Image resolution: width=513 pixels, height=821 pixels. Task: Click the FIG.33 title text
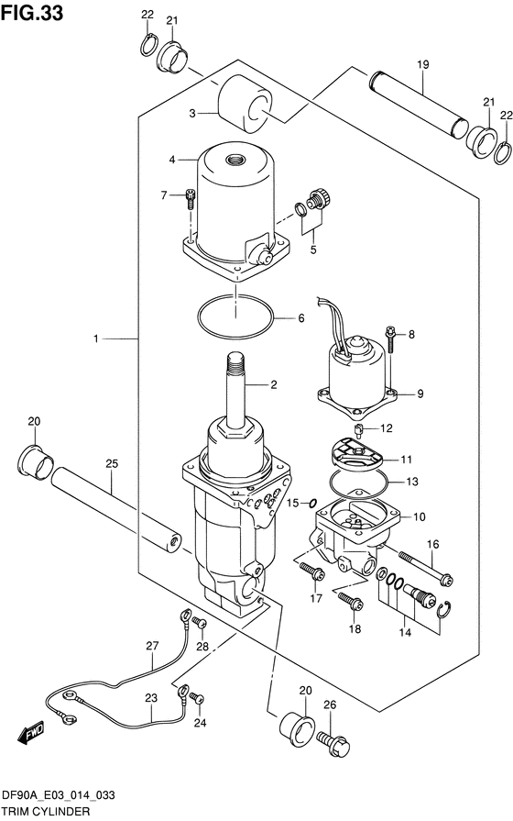click(x=32, y=13)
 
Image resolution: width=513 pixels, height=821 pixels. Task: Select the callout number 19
click(x=423, y=64)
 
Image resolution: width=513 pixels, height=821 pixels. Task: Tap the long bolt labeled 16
click(x=426, y=567)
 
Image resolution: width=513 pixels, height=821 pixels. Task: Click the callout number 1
click(x=95, y=339)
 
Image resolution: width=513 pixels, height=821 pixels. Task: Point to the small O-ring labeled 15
click(x=311, y=504)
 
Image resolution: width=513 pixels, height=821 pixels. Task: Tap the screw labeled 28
click(x=200, y=623)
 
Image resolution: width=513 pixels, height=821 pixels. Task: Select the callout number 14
click(x=405, y=632)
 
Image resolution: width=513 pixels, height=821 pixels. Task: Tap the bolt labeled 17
click(x=312, y=571)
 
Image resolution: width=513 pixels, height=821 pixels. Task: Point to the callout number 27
click(x=152, y=646)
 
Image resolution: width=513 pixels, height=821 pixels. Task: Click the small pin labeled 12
click(x=360, y=431)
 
